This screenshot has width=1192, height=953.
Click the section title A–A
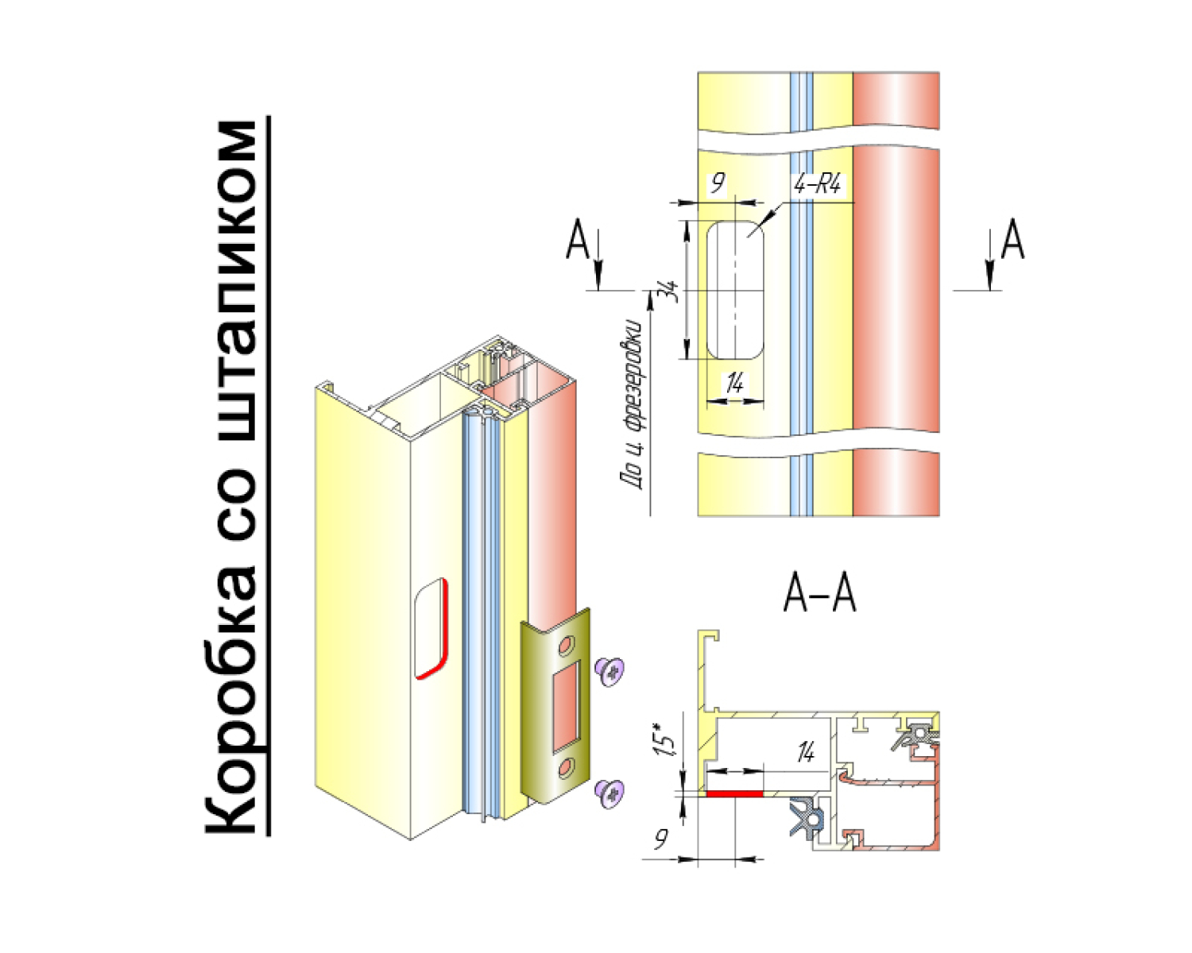pyautogui.click(x=820, y=594)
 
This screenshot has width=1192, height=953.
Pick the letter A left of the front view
pyautogui.click(x=577, y=239)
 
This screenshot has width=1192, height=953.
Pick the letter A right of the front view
pyautogui.click(x=1012, y=239)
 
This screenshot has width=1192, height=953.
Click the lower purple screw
pyautogui.click(x=610, y=795)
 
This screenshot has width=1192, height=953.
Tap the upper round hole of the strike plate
pyautogui.click(x=566, y=646)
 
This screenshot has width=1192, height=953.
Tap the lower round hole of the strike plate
pyautogui.click(x=566, y=768)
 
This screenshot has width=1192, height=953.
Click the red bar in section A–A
pyautogui.click(x=734, y=794)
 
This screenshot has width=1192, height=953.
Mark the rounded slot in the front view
pyautogui.click(x=735, y=290)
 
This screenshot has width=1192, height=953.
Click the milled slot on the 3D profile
pyautogui.click(x=432, y=629)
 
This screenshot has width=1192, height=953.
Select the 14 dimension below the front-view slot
pyautogui.click(x=735, y=383)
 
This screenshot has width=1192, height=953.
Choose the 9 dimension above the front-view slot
pyautogui.click(x=718, y=182)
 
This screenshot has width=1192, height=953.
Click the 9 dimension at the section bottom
pyautogui.click(x=660, y=839)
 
